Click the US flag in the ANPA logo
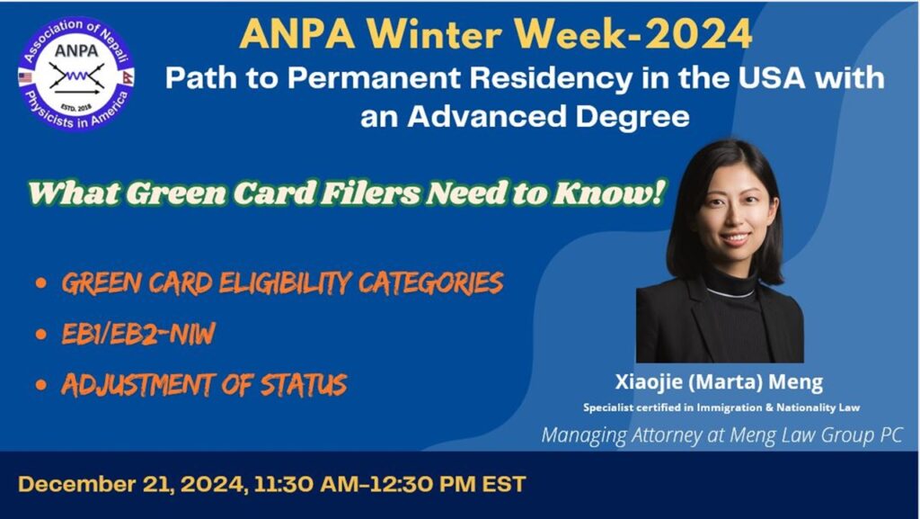[x=24, y=77]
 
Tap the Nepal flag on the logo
[x=128, y=77]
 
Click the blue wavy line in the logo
[x=76, y=76]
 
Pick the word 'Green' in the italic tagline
[x=176, y=193]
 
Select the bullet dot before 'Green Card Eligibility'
[x=40, y=283]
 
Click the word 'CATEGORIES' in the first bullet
[x=430, y=283]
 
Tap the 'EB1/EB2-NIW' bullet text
[x=138, y=334]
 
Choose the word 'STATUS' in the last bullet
[x=304, y=385]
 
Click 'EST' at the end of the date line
[x=504, y=484]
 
